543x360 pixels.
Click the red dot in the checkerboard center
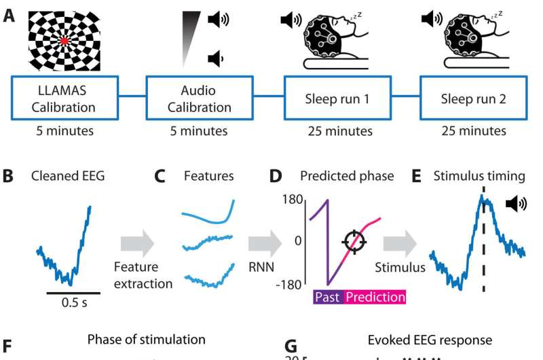(64, 41)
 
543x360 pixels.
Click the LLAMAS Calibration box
(64, 98)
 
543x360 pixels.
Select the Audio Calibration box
(200, 98)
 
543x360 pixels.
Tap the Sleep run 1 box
(337, 98)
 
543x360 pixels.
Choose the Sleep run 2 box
(473, 98)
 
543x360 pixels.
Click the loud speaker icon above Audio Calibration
(218, 19)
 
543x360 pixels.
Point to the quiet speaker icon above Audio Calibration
(216, 58)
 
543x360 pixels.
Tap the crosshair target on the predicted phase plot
(354, 242)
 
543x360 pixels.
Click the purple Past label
(328, 297)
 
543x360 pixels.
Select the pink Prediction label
(375, 297)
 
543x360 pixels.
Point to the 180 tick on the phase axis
(292, 200)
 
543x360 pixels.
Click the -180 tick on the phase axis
(289, 285)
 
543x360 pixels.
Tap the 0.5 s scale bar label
(74, 302)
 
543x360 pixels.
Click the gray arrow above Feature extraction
(137, 244)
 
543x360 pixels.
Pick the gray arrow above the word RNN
(265, 244)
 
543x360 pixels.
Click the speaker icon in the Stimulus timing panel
(516, 203)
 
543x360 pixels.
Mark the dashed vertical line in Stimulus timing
(484, 239)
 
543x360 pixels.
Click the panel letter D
(276, 176)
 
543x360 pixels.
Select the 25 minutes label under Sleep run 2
(473, 131)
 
